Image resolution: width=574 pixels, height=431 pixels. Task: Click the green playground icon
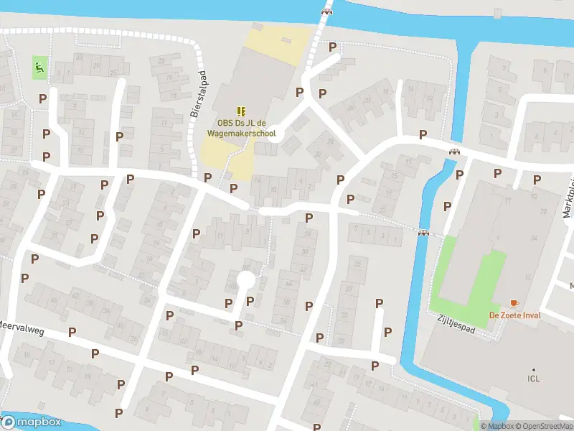39,68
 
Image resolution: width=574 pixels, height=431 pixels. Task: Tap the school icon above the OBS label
241,111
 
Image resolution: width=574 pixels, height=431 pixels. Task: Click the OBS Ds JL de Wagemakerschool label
241,128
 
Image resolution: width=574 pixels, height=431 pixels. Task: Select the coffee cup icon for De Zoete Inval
514,303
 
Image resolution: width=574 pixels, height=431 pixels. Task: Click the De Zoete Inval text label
514,315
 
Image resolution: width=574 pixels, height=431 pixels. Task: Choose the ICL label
534,379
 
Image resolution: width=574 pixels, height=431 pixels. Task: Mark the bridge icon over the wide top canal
327,11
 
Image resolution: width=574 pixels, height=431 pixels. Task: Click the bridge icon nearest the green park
424,232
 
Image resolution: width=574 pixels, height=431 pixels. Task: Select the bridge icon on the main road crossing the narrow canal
454,152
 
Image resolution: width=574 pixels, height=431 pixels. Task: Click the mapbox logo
32,422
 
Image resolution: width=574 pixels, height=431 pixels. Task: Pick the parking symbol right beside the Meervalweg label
72,332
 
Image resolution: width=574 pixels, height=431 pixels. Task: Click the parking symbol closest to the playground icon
43,98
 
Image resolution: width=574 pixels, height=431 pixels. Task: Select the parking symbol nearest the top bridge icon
332,47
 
